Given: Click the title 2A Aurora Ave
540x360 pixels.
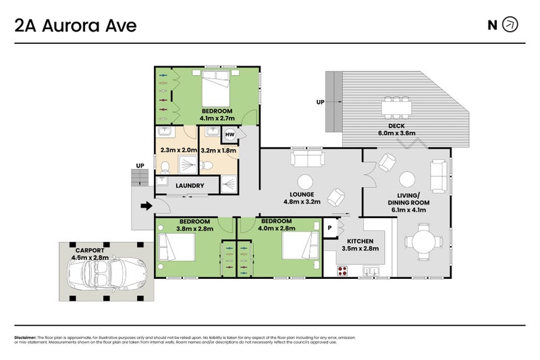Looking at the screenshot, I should pyautogui.click(x=76, y=26).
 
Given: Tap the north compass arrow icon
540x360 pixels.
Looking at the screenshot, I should pyautogui.click(x=511, y=25).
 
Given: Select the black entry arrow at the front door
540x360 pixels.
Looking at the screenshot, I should pyautogui.click(x=145, y=207).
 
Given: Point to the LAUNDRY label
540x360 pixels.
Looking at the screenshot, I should pyautogui.click(x=190, y=185).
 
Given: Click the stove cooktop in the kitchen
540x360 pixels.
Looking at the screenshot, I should pyautogui.click(x=342, y=271).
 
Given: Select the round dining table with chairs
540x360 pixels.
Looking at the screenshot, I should pyautogui.click(x=423, y=242).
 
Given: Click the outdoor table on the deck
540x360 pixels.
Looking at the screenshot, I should pyautogui.click(x=396, y=107).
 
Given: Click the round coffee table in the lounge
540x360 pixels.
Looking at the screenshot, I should pyautogui.click(x=305, y=182).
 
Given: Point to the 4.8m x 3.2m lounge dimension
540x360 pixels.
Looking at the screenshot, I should pyautogui.click(x=300, y=201).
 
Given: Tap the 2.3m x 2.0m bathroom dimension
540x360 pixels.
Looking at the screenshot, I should pyautogui.click(x=178, y=151).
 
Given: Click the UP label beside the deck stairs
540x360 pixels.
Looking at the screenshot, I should pyautogui.click(x=320, y=103).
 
